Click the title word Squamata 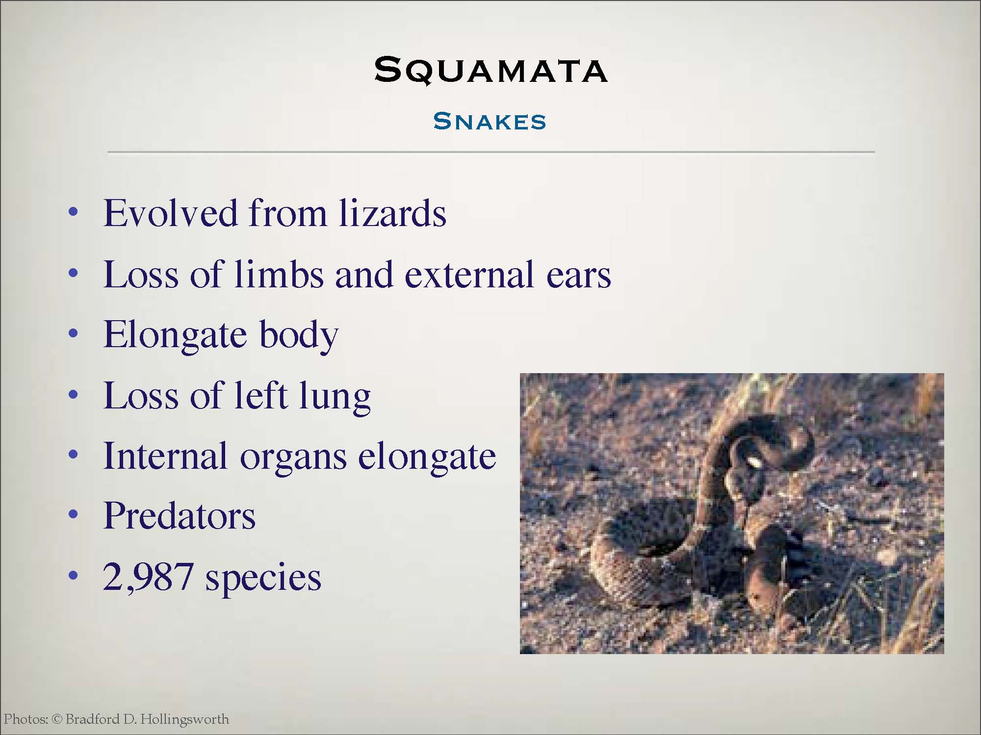[x=491, y=71]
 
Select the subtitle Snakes [x=490, y=122]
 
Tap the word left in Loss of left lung [x=260, y=395]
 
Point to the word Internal [x=165, y=456]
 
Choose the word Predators [x=180, y=516]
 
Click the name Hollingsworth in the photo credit [x=184, y=720]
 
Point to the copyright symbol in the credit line [x=57, y=719]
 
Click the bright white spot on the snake [x=753, y=462]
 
